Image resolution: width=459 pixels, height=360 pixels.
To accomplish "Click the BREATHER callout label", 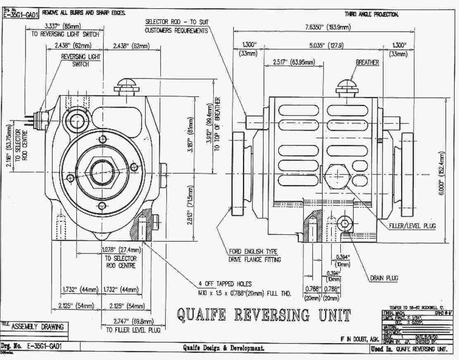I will (x=367, y=62).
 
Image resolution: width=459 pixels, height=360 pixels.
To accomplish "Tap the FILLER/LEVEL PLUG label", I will (x=412, y=226).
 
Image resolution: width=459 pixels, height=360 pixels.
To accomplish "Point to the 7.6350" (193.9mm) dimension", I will (x=328, y=27).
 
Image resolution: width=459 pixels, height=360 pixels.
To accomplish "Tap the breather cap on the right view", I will (x=346, y=86).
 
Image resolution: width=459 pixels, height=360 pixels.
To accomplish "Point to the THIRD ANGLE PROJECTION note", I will (x=374, y=14).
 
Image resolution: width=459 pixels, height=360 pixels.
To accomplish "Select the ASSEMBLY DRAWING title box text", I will (x=38, y=327).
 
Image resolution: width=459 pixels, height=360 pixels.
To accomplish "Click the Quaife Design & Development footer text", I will (x=224, y=348).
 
